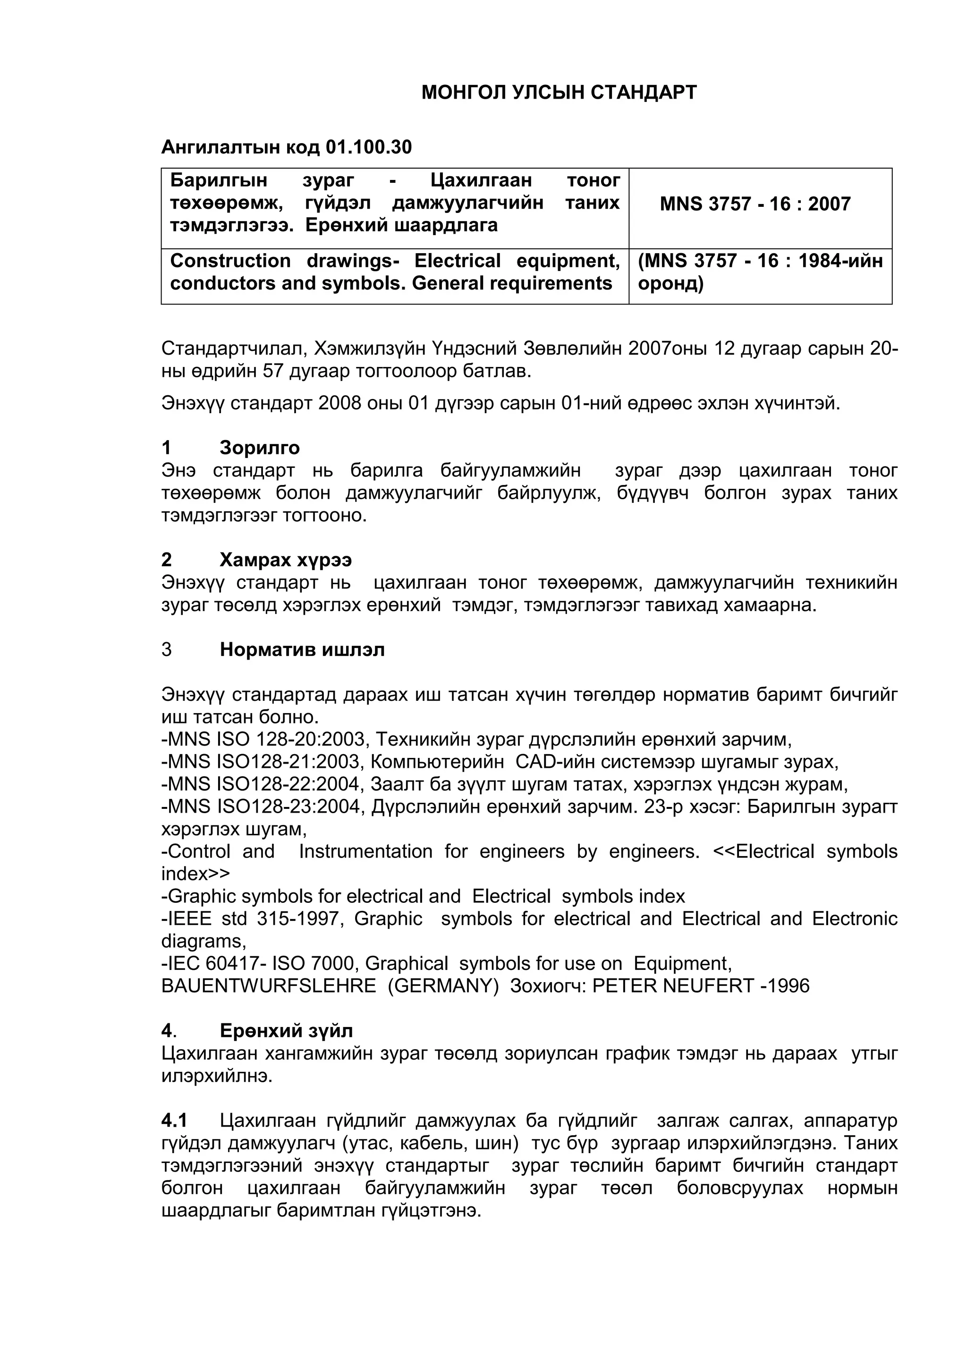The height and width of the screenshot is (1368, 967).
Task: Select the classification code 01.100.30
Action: (368, 147)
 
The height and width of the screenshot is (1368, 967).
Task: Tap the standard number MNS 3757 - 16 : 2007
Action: (755, 204)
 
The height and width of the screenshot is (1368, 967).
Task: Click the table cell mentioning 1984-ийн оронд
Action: (760, 272)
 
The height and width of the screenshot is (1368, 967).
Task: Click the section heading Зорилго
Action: (259, 448)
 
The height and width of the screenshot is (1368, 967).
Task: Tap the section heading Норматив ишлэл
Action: (302, 649)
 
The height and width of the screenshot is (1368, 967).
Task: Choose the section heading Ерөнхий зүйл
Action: (286, 1030)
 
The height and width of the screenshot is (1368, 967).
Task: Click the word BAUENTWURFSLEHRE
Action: (268, 986)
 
